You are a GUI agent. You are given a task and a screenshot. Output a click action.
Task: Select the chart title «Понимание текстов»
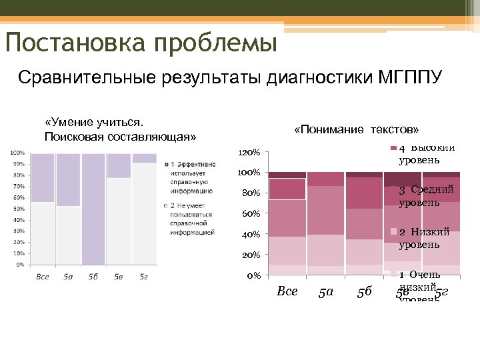point(356,129)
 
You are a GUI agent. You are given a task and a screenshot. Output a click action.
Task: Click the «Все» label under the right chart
point(287,292)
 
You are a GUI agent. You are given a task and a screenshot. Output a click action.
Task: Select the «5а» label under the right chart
point(326,292)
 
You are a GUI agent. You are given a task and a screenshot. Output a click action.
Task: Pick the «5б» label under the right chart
point(364,292)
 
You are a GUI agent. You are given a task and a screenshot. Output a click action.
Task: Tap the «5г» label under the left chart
point(143,276)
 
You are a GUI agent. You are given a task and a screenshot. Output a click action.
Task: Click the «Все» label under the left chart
point(43,276)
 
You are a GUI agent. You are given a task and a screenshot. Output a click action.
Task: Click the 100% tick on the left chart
point(17,153)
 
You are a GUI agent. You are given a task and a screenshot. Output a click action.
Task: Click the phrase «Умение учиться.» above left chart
point(94,123)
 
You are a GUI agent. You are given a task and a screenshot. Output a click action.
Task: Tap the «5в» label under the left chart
point(118,276)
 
